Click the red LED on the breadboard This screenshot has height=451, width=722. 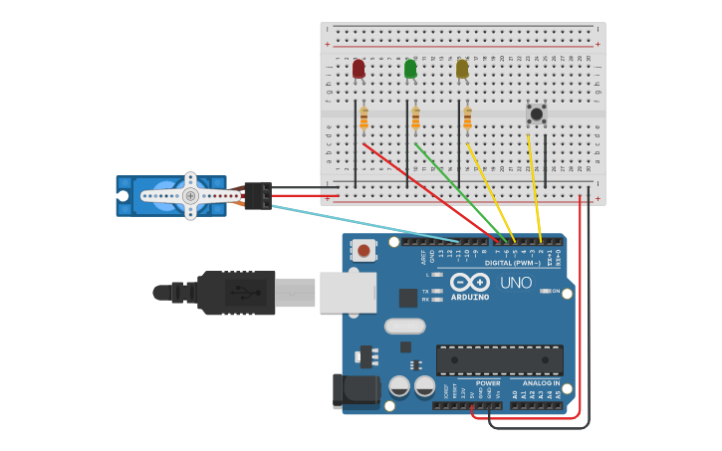359,69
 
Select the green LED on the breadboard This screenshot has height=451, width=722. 410,69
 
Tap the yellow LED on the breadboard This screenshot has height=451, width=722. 462,69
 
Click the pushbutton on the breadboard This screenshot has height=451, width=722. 537,114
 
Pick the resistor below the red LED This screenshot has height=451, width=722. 363,118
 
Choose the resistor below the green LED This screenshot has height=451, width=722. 415,118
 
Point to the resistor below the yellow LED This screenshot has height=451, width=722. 467,118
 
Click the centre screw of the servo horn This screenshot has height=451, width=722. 190,196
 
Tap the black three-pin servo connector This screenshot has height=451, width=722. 258,195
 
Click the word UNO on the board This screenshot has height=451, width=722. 516,283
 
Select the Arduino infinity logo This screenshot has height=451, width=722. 469,282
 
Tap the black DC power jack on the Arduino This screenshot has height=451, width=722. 356,390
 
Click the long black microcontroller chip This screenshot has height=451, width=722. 499,359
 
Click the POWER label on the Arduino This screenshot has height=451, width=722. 488,382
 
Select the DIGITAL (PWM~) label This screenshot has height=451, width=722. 513,263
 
